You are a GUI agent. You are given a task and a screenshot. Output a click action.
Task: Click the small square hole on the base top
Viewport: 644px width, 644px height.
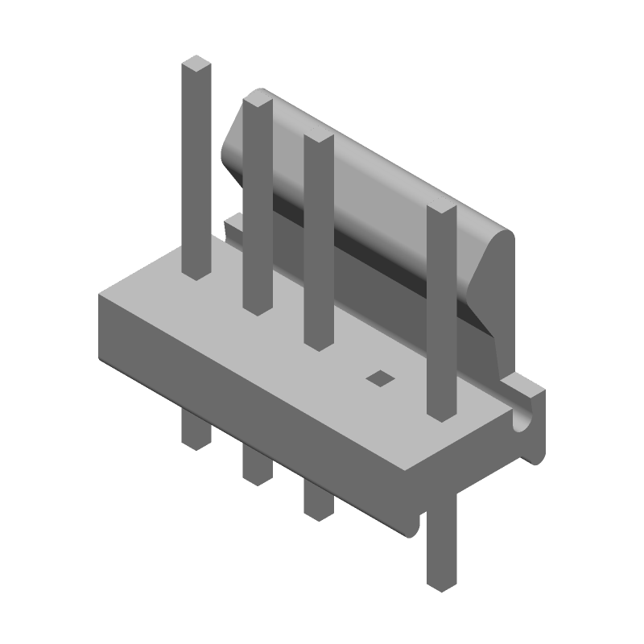[378, 378]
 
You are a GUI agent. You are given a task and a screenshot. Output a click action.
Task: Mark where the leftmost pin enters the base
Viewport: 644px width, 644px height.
[196, 274]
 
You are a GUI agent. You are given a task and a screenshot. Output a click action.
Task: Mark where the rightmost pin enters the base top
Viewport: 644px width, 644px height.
[442, 415]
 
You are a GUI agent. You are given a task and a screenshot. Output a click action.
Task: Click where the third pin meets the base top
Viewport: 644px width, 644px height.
[319, 343]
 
